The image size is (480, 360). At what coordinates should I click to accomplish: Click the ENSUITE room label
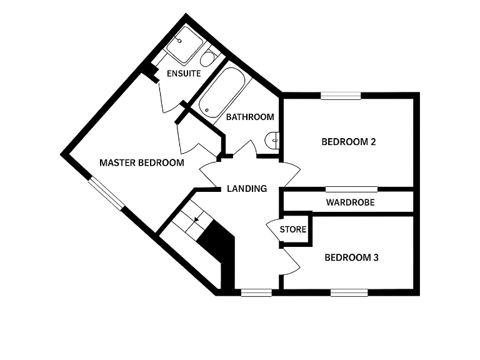[184, 74]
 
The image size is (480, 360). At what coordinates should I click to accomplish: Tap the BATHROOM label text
[250, 117]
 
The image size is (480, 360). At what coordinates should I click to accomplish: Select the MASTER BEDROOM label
[142, 162]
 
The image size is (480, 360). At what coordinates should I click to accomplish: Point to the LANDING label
[247, 189]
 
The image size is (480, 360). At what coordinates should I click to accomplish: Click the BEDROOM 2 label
[349, 142]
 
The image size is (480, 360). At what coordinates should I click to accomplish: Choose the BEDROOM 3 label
[351, 257]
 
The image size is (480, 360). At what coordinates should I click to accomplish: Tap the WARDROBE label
[350, 202]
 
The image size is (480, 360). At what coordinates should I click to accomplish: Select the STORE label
[293, 229]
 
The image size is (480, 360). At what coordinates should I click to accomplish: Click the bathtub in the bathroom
[222, 92]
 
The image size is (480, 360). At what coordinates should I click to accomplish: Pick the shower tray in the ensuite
[184, 45]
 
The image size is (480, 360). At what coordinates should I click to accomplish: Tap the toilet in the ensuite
[209, 57]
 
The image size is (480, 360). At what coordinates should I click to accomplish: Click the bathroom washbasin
[272, 141]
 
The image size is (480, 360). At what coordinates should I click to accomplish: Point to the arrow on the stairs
[196, 219]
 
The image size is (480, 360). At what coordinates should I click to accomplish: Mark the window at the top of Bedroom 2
[341, 96]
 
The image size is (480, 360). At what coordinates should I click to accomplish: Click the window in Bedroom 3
[349, 293]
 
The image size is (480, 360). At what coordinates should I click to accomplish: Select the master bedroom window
[106, 194]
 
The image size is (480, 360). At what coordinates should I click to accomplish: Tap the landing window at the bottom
[256, 293]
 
